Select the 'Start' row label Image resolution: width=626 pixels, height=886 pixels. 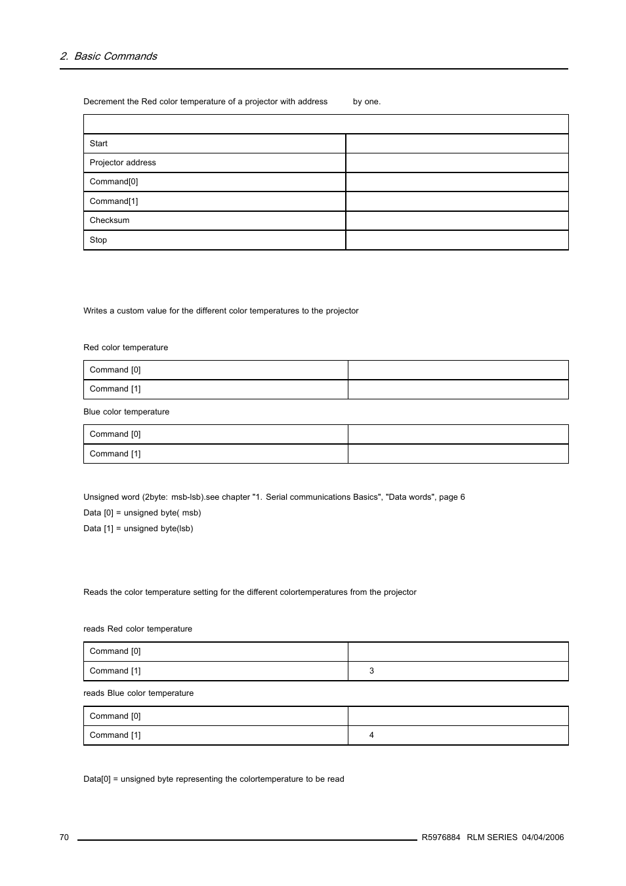[98, 144]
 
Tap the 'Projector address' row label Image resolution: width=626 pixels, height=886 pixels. [123, 163]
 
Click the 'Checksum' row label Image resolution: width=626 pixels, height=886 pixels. [110, 220]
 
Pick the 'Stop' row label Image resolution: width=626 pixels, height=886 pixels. [98, 240]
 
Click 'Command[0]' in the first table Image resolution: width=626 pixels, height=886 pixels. [114, 182]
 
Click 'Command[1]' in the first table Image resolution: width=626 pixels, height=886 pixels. [114, 201]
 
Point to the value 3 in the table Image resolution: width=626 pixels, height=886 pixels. [371, 671]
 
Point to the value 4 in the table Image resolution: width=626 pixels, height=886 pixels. [371, 735]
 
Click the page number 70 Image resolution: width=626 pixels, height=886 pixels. [64, 837]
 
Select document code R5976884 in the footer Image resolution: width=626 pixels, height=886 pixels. [440, 837]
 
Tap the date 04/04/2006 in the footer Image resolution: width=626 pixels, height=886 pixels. [543, 837]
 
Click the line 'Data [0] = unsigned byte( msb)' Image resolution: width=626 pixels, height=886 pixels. [142, 513]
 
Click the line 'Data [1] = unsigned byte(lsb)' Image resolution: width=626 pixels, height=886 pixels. [138, 529]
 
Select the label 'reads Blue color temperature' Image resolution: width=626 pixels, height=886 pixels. [138, 693]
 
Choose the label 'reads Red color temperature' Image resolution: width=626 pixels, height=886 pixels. [138, 629]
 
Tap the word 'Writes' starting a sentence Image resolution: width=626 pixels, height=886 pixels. [95, 311]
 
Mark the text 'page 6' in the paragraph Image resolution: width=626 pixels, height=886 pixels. [451, 497]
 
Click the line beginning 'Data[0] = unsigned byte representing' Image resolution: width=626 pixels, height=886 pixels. [213, 779]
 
